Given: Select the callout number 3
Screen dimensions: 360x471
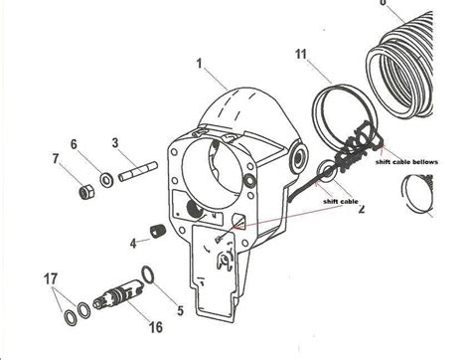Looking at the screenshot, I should [x=116, y=144].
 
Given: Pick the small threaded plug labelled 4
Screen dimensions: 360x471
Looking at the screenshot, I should [x=155, y=234].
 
